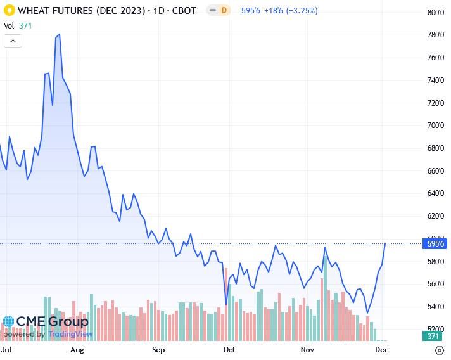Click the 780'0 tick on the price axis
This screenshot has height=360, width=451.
click(434, 35)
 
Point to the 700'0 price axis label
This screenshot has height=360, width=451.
click(434, 125)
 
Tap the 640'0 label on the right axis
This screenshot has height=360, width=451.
click(434, 193)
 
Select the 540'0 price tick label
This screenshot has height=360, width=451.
click(434, 307)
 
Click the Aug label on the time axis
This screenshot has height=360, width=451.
click(77, 350)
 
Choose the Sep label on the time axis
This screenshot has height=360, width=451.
click(158, 350)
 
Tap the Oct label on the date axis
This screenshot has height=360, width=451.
click(229, 350)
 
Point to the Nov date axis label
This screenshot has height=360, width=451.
click(307, 350)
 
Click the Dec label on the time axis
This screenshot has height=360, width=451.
click(382, 350)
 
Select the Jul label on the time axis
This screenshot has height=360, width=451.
click(6, 350)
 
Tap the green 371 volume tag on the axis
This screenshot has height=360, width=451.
click(434, 336)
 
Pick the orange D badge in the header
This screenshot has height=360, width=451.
click(224, 11)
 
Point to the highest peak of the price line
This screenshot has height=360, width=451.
click(59, 34)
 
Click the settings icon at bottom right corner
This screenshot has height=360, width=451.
click(439, 350)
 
